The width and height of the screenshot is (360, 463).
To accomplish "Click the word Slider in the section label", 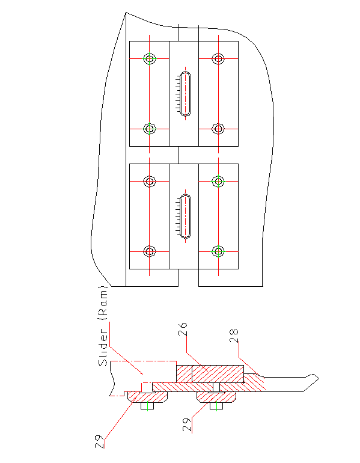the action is point(103,348).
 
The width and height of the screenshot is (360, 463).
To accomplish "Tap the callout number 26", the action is point(183,329).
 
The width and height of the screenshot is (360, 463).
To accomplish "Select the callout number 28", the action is point(234,336).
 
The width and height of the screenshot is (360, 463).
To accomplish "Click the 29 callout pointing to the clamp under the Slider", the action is point(100,441).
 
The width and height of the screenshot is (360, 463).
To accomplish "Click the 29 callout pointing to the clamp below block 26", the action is point(187,425).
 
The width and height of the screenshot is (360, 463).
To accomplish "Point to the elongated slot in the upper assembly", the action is point(186,94).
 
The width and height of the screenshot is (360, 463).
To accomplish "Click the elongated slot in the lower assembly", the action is point(186,216).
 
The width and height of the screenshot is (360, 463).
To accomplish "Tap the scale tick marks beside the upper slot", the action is point(178,94).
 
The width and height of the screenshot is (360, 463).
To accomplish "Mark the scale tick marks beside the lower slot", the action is point(178,216).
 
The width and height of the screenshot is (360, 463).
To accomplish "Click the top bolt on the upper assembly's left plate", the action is point(149,58).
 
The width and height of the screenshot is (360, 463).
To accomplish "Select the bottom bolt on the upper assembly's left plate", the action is point(149,129).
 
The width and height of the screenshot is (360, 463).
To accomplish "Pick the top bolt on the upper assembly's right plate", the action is point(218,58).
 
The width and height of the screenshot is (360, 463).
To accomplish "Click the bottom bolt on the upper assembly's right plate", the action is point(218,129).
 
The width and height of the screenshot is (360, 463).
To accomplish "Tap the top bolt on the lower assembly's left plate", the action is point(149,181).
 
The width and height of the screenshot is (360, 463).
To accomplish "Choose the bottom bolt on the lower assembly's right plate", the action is point(218,251).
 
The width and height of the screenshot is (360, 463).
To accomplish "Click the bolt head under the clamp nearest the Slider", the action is point(147,406).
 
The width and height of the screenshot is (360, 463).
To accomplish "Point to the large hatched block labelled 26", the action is point(218,374).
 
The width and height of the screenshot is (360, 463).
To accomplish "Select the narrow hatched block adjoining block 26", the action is point(184,374).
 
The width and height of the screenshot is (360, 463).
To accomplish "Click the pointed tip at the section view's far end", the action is point(319,378).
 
